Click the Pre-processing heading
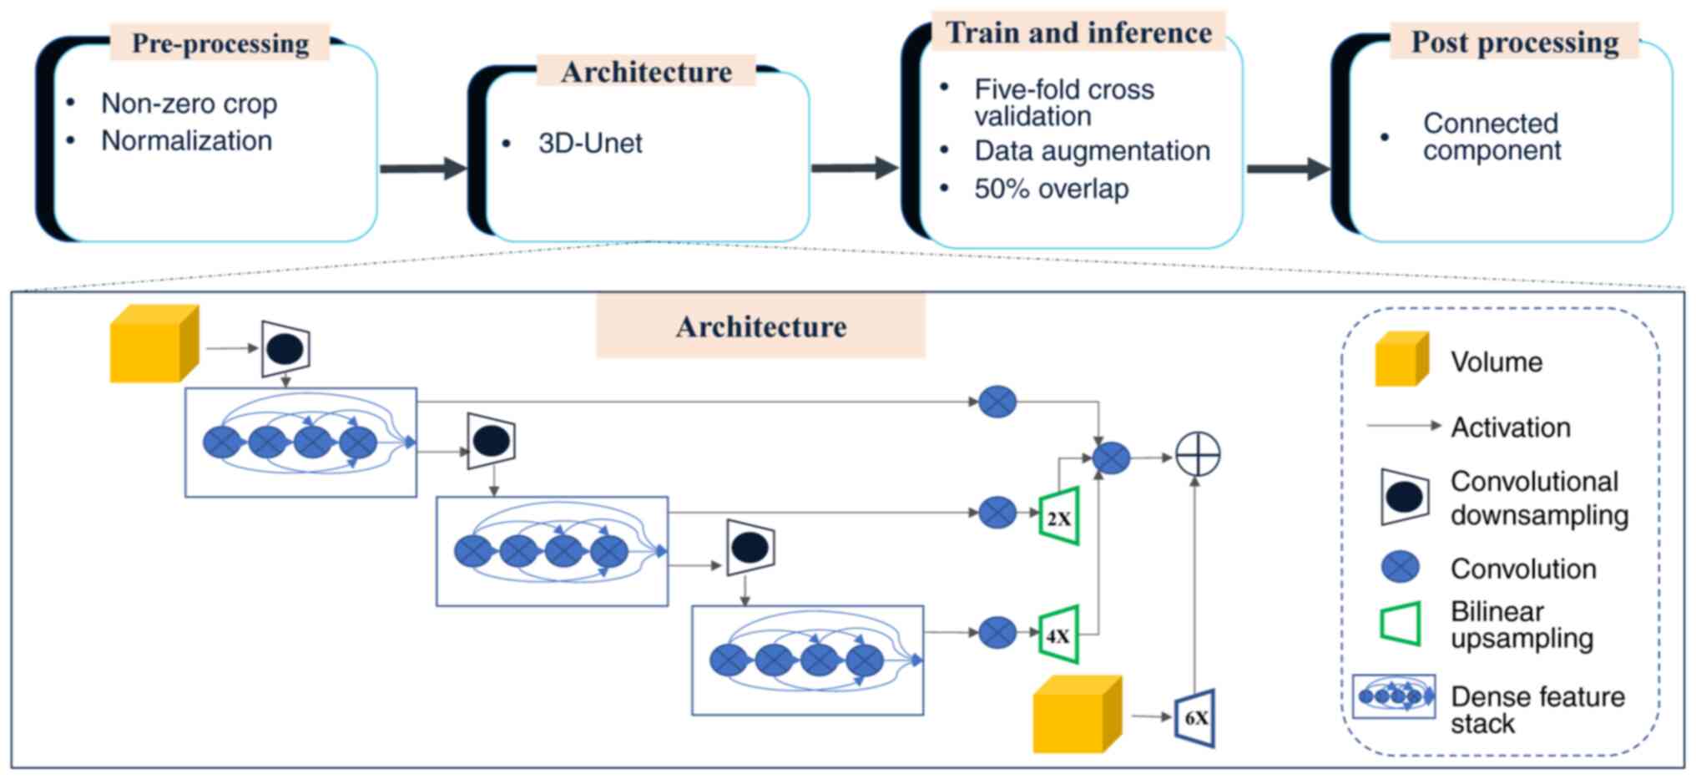(x=220, y=43)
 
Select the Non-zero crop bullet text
(x=189, y=104)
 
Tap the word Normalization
(x=186, y=141)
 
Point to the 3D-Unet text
(x=590, y=144)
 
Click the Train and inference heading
(x=1078, y=33)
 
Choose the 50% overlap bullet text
(x=1051, y=190)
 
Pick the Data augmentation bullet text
(x=1092, y=151)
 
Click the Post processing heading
(x=1514, y=43)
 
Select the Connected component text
(x=1492, y=137)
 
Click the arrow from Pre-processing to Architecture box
(x=423, y=169)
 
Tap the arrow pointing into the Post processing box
(x=1288, y=169)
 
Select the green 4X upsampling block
(x=1059, y=635)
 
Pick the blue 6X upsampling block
(x=1195, y=718)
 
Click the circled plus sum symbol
(x=1198, y=455)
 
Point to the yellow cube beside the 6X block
(x=1077, y=715)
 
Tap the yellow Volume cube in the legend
(x=1401, y=360)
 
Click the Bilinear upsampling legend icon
(x=1401, y=624)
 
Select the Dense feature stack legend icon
(x=1394, y=696)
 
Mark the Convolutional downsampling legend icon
(x=1405, y=497)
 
